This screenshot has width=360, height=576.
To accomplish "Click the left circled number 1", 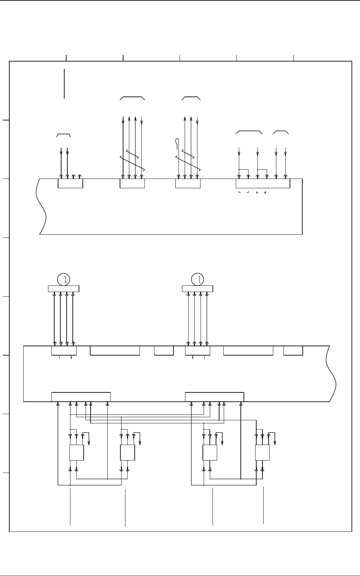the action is tap(63, 279).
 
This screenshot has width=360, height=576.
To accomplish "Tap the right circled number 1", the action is tap(198, 279).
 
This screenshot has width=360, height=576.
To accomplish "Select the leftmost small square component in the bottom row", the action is tap(76, 452).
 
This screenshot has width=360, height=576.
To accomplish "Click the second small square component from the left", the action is tap(127, 452).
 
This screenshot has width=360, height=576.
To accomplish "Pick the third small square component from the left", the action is tap(210, 452).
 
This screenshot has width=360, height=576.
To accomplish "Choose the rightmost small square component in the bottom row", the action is tap(262, 452).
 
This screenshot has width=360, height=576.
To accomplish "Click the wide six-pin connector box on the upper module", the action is tap(263, 184).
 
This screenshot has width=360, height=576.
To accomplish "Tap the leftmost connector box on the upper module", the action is tap(70, 184).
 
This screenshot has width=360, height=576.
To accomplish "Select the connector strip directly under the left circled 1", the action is tap(63, 289).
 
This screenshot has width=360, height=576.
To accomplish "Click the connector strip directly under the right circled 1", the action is tap(197, 289).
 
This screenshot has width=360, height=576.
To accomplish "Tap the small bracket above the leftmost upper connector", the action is tap(63, 135).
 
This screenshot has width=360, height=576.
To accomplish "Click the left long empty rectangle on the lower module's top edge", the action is tap(115, 351).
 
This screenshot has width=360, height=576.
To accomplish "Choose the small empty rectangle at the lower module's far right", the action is tap(293, 351).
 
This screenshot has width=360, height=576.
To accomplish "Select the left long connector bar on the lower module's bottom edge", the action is tap(81, 397).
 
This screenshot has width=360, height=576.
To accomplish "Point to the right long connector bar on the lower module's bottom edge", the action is tap(214, 397).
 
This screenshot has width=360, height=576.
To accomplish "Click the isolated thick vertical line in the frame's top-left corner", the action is tap(64, 83).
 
